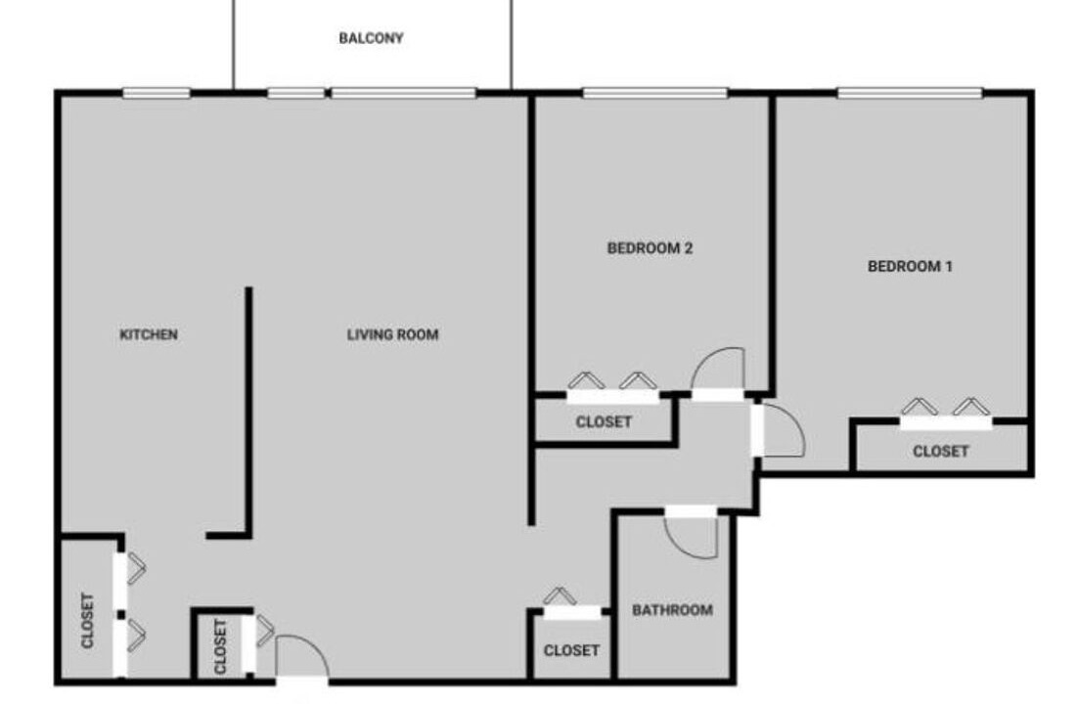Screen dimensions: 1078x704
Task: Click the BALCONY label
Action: coord(371,38)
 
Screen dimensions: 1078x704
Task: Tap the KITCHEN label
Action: coord(149,334)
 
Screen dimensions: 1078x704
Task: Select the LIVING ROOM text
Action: coord(392,334)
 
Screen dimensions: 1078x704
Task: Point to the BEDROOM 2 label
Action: coord(650,248)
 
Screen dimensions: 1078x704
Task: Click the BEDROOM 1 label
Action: coord(910,266)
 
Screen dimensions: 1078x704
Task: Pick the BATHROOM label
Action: coord(672,610)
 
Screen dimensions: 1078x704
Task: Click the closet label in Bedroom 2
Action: coord(603,421)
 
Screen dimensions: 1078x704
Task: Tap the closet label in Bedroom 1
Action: coord(940,451)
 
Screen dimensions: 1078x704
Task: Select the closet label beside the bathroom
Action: coord(571,649)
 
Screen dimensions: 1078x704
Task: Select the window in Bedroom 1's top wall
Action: coord(910,93)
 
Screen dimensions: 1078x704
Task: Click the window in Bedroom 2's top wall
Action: coord(654,93)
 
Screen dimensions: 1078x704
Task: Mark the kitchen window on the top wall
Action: coord(157,93)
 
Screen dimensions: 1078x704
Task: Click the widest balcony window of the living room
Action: coord(404,93)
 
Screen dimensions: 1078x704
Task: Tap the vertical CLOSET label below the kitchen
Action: coord(87,620)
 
